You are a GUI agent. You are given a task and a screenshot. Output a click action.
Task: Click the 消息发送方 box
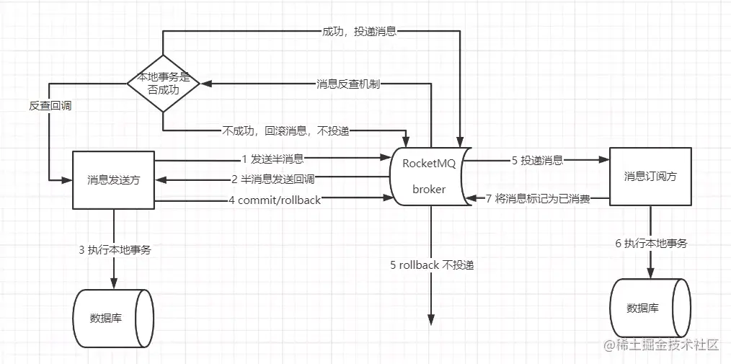click(x=113, y=180)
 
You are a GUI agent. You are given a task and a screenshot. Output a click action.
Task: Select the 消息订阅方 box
click(x=650, y=177)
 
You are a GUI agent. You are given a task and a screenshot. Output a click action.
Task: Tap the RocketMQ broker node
click(x=430, y=177)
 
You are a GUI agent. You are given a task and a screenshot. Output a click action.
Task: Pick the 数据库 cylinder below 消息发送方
click(x=113, y=318)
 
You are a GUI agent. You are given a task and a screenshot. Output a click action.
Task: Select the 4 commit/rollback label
click(x=275, y=200)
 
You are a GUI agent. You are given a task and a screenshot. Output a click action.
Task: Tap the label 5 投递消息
click(x=537, y=161)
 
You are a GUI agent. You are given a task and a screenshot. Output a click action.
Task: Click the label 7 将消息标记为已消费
click(x=538, y=199)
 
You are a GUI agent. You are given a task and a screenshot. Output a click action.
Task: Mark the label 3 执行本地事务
click(x=115, y=250)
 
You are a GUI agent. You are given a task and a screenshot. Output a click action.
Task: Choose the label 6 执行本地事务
click(x=651, y=243)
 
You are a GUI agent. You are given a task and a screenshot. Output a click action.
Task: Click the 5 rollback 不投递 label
click(x=432, y=265)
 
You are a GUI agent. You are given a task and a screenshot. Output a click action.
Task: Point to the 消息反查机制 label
click(x=348, y=84)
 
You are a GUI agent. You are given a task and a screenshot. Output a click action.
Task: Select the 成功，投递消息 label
click(x=359, y=32)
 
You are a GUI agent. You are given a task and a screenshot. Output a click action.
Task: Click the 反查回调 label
click(x=50, y=105)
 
